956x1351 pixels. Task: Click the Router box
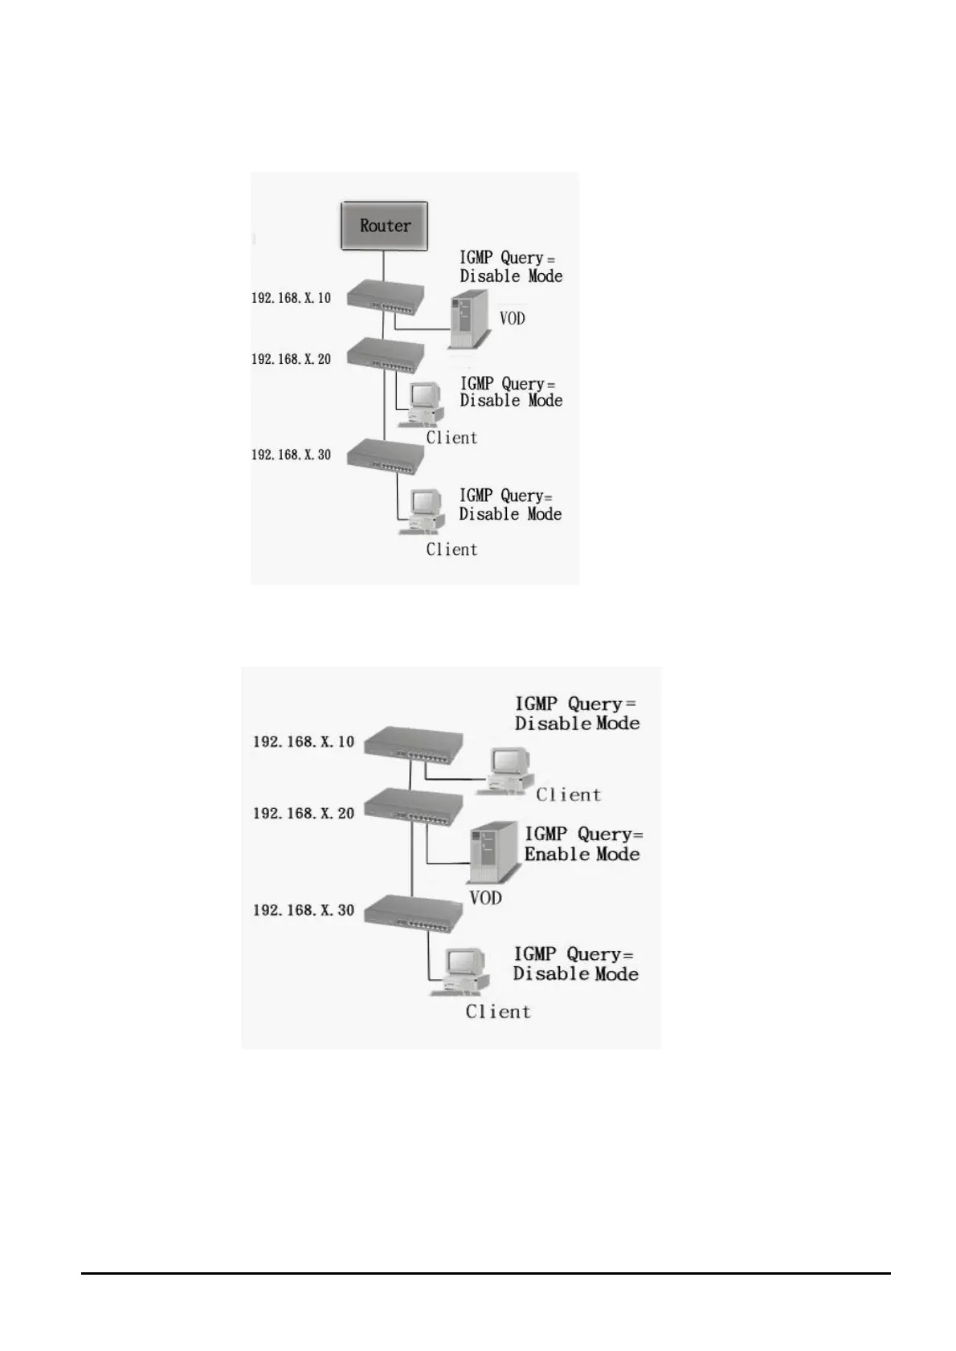(383, 226)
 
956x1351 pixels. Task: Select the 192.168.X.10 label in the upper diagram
(291, 298)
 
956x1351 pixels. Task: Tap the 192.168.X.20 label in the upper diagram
(291, 359)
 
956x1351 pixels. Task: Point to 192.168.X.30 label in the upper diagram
(291, 455)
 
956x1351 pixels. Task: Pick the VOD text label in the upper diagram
(512, 319)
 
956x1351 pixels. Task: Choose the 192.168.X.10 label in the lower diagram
(304, 741)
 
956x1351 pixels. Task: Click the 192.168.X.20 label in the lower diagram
(304, 814)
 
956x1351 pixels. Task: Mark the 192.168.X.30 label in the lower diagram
(304, 910)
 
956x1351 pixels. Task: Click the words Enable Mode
(582, 855)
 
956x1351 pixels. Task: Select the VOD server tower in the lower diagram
(492, 853)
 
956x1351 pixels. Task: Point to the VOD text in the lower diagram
(485, 898)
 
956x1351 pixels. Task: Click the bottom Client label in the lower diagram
(498, 1012)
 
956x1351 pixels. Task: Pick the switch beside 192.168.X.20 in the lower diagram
(413, 806)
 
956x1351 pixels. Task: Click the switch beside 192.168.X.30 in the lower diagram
(413, 912)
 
